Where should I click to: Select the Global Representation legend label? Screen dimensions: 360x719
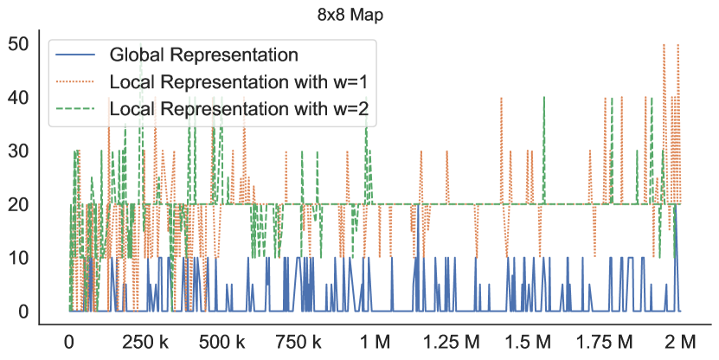(203, 55)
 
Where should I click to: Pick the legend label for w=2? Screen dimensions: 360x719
(245, 109)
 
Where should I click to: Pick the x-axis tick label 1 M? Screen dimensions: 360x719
(375, 342)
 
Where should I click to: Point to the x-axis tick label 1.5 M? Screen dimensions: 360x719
(527, 342)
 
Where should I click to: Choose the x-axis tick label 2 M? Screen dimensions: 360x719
(680, 342)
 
